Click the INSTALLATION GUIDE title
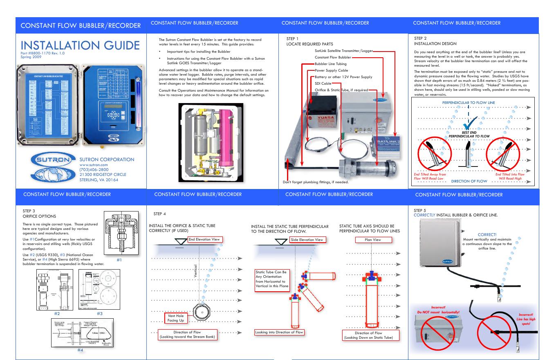[80, 45]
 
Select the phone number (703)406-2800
[94, 169]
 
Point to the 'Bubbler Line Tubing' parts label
[330, 64]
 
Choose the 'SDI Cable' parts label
[323, 83]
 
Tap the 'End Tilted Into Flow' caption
[509, 176]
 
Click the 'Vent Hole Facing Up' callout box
[175, 318]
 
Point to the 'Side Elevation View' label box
[307, 239]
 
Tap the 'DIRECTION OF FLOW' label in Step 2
[469, 181]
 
